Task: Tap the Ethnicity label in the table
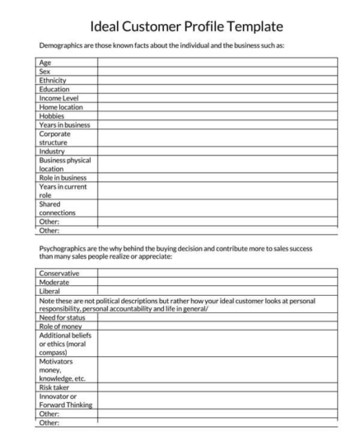pyautogui.click(x=53, y=80)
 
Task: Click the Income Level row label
pyautogui.click(x=58, y=97)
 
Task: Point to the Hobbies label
pyautogui.click(x=52, y=115)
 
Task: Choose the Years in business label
pyautogui.click(x=63, y=124)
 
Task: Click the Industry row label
pyautogui.click(x=52, y=151)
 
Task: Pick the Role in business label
pyautogui.click(x=62, y=177)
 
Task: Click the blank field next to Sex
pyautogui.click(x=217, y=72)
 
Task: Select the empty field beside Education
pyautogui.click(x=217, y=89)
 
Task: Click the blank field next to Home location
pyautogui.click(x=217, y=106)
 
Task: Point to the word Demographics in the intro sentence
pyautogui.click(x=65, y=46)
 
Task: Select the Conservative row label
pyautogui.click(x=59, y=273)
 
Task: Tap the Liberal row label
pyautogui.click(x=50, y=291)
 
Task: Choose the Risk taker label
pyautogui.click(x=55, y=387)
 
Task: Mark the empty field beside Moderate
pyautogui.click(x=217, y=282)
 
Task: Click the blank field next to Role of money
pyautogui.click(x=217, y=327)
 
